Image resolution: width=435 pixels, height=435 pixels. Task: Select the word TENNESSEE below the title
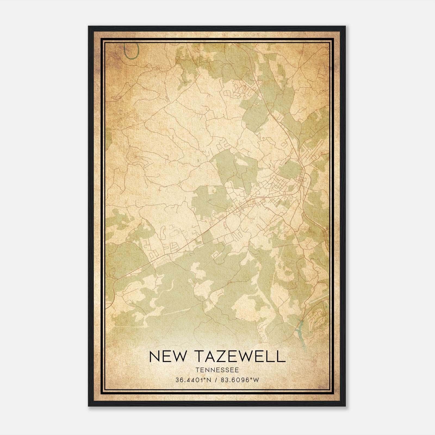click(217, 370)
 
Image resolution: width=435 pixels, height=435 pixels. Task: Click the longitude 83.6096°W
click(240, 380)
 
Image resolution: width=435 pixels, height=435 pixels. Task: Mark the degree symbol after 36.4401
click(203, 379)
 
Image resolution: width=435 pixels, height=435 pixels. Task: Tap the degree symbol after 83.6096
click(252, 379)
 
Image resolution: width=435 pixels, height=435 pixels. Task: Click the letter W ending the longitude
click(256, 380)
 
